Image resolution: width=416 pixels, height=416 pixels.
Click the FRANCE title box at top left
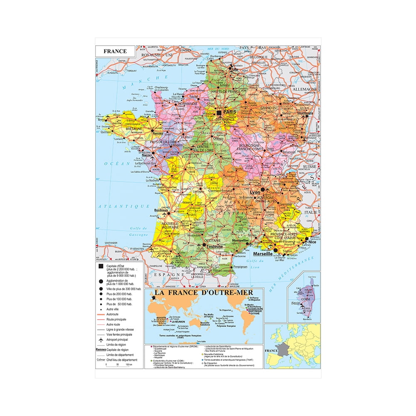click(x=115, y=52)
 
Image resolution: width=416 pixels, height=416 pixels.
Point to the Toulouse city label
click(x=212, y=246)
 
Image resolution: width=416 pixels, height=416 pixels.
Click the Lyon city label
click(x=254, y=192)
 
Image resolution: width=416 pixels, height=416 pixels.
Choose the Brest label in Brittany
click(x=102, y=119)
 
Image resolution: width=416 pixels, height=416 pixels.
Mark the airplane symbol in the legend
click(x=100, y=340)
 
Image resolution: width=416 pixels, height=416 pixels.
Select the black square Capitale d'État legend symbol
click(x=100, y=265)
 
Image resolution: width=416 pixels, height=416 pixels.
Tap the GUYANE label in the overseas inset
click(x=254, y=314)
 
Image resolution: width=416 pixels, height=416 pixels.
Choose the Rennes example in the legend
click(x=101, y=350)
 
